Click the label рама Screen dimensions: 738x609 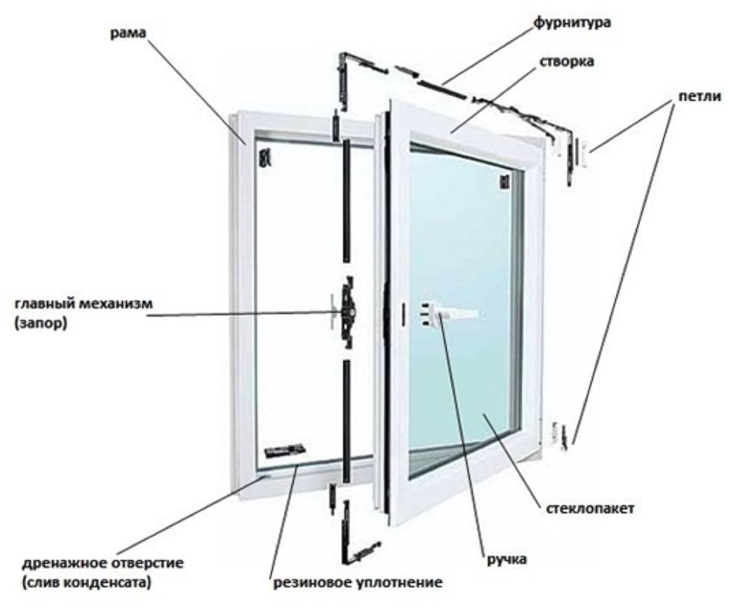pos(128,33)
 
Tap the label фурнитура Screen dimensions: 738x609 pos(572,22)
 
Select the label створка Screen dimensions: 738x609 pos(566,62)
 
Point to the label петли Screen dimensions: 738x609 pos(700,97)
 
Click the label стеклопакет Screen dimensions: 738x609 pos(590,509)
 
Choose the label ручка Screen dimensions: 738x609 pos(506,559)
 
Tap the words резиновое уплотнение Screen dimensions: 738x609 pos(358,583)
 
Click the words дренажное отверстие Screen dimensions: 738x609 pos(103,563)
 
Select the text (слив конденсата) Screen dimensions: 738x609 pos(86,583)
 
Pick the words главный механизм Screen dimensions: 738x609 pos(84,303)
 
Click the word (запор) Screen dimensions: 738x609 pos(41,324)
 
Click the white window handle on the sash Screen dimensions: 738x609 pos(447,314)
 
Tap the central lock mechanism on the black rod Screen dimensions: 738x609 pos(348,312)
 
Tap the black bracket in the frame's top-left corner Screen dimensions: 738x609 pos(266,157)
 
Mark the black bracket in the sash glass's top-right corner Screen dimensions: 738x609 pos(504,182)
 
